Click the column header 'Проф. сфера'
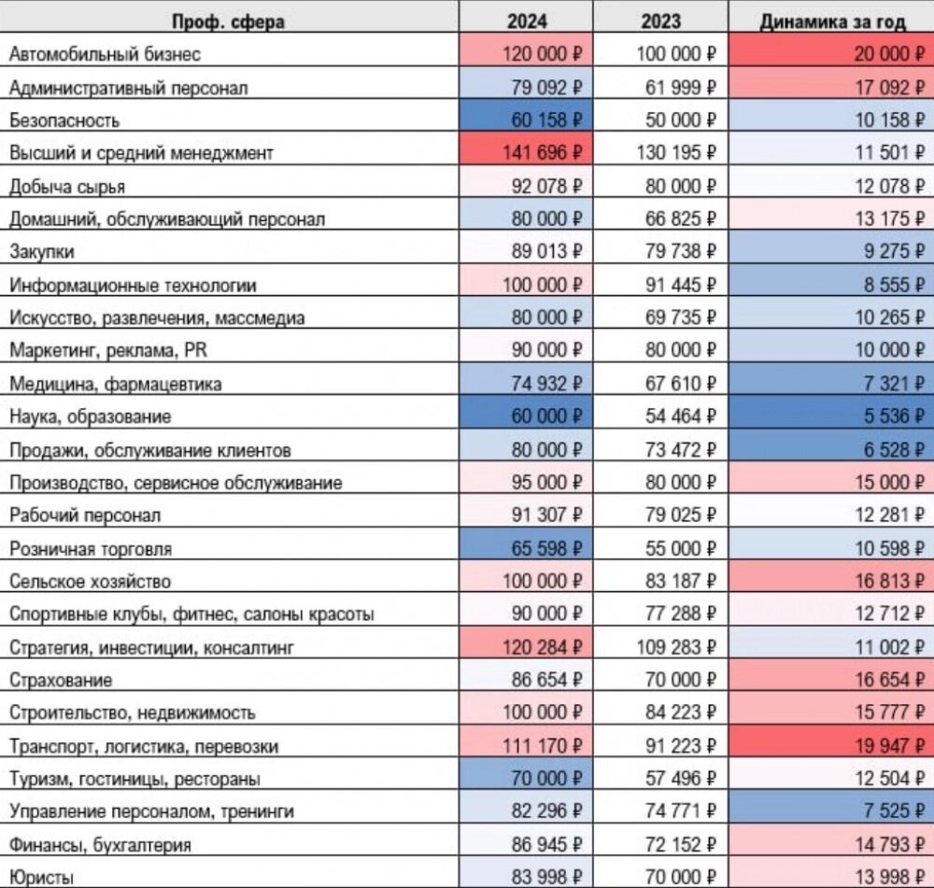tap(228, 22)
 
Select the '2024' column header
tap(527, 21)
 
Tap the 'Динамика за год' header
tap(832, 22)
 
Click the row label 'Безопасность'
tap(64, 120)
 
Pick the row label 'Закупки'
tap(42, 252)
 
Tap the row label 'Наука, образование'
tap(90, 416)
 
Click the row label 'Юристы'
tap(41, 878)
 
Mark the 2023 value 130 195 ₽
tap(676, 153)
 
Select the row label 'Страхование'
tap(60, 680)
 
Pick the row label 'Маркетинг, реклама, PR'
tap(107, 350)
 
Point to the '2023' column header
tap(660, 21)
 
